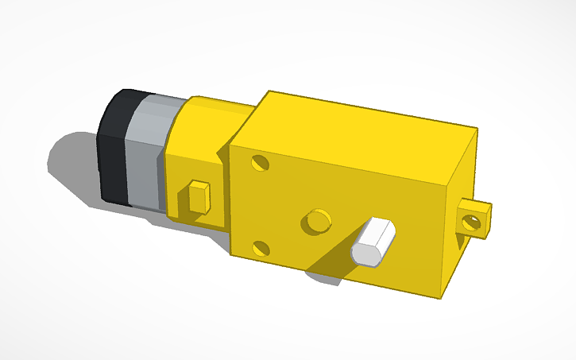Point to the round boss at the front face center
tap(316, 221)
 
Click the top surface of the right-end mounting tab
tap(477, 204)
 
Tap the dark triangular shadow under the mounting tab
tap(462, 238)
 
